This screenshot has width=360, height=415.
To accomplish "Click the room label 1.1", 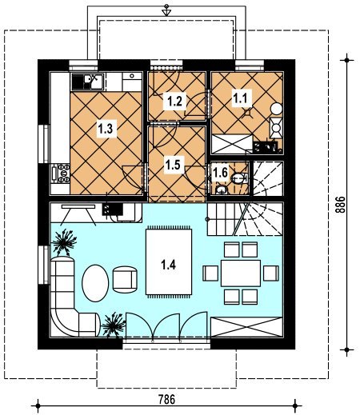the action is (x=241, y=98).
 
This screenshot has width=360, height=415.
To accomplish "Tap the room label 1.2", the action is (x=174, y=102).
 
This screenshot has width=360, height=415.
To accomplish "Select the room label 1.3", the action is (x=106, y=129).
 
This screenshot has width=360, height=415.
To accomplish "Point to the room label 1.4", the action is (x=168, y=265).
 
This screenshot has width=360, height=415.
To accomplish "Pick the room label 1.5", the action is (x=173, y=165).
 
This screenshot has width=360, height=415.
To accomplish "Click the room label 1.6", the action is (x=220, y=173).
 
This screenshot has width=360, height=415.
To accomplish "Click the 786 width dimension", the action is (x=167, y=400).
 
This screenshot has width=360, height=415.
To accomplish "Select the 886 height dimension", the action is (x=340, y=205).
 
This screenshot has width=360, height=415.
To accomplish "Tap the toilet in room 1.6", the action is (x=240, y=178).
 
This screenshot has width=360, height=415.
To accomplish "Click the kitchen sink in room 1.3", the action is (x=87, y=82).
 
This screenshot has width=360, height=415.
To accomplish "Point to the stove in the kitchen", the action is (x=61, y=174).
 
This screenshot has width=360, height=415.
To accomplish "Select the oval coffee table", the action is (x=95, y=283).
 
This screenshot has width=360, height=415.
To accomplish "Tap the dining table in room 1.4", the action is (x=241, y=273).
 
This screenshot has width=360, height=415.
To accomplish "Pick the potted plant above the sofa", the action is (x=64, y=241).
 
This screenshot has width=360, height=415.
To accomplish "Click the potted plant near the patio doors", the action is (x=114, y=325).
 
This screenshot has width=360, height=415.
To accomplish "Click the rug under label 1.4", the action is (x=169, y=261).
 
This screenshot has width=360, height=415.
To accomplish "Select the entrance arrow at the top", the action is (x=166, y=10).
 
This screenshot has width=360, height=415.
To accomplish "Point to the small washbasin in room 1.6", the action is (x=222, y=190).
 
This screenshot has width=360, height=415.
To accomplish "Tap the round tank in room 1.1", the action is (x=277, y=109).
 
